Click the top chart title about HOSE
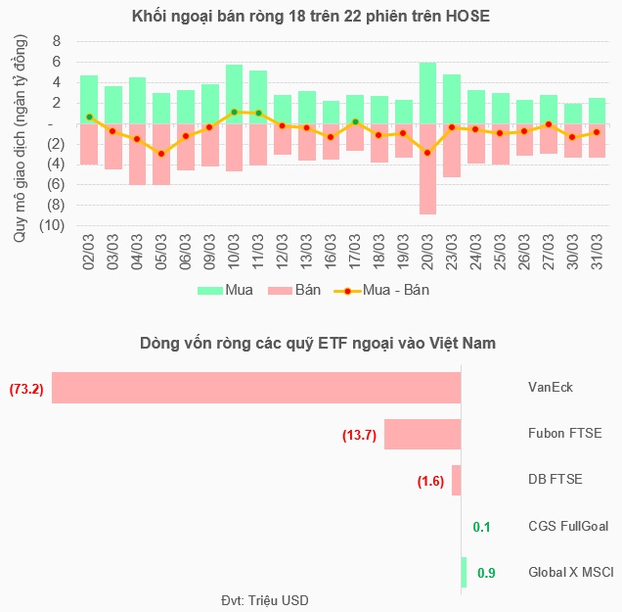click(x=310, y=17)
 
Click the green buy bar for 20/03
click(x=427, y=93)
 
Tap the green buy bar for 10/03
click(x=234, y=94)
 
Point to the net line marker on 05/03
click(x=161, y=154)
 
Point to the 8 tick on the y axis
click(x=57, y=41)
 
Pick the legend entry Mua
click(x=221, y=290)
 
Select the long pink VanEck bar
click(x=256, y=387)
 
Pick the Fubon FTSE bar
click(x=422, y=434)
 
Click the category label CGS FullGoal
click(x=568, y=527)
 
